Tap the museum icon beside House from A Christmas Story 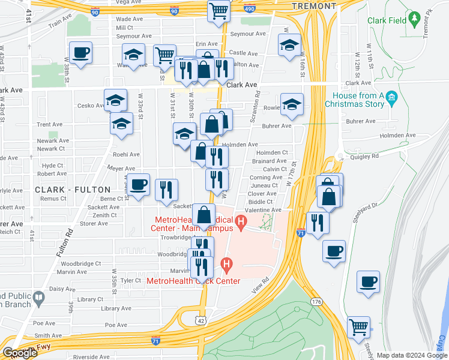pos(392,97)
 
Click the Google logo pos(19,353)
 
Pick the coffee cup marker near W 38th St pos(80,52)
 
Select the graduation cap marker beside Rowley pos(292,103)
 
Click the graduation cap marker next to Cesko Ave pos(115,100)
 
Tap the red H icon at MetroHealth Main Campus pos(241,224)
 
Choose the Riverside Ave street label pos(90,356)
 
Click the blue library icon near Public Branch pos(39,298)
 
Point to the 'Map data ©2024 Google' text pos(411,355)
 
